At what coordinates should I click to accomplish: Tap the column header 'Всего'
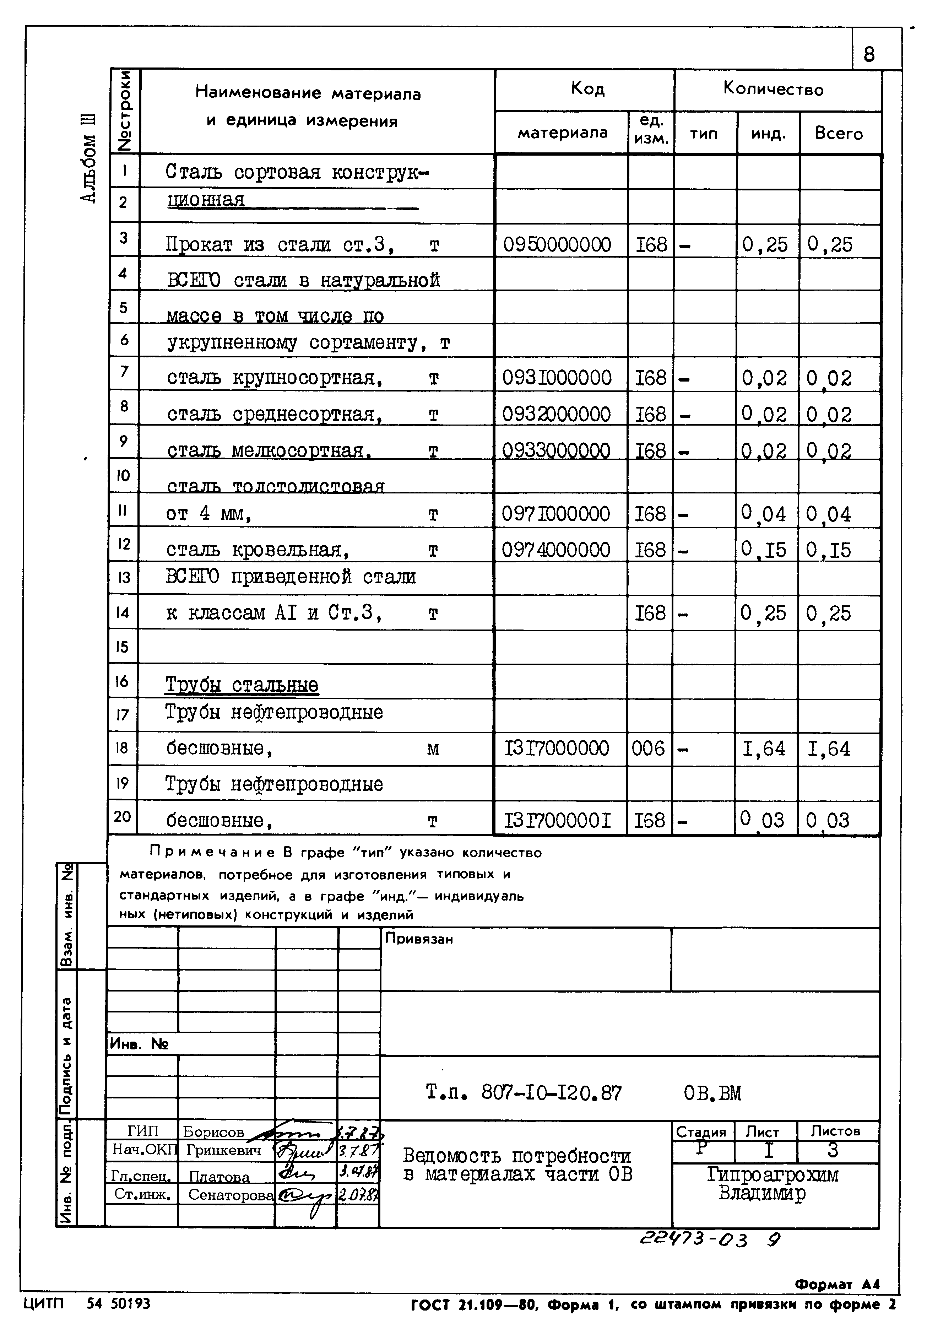(x=839, y=134)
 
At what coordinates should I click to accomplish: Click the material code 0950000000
(x=557, y=245)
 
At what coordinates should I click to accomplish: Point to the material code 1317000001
(x=557, y=820)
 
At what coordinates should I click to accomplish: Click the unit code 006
(x=648, y=749)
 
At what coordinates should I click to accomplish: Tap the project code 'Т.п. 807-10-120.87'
(x=523, y=1093)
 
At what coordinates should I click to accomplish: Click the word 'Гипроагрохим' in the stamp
(x=772, y=1175)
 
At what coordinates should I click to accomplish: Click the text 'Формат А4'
(x=837, y=1285)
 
